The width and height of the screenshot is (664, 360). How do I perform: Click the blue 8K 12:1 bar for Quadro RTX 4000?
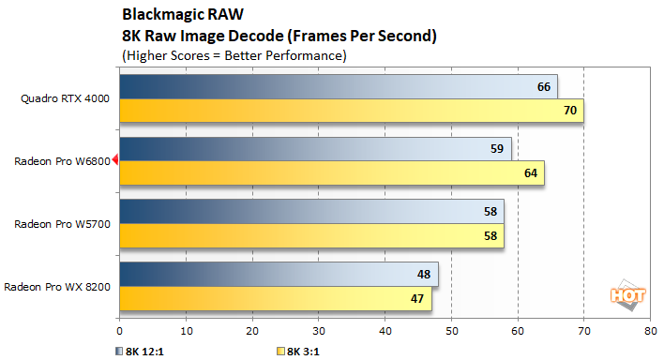[x=338, y=86]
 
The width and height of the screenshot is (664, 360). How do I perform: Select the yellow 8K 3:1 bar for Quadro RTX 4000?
[x=352, y=111]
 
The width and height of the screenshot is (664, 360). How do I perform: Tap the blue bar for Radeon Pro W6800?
[x=315, y=148]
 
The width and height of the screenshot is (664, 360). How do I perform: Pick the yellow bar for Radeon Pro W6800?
[x=331, y=172]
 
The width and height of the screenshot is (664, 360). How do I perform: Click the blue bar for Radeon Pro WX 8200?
[x=279, y=273]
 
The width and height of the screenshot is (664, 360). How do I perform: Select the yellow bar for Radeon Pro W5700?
[x=311, y=235]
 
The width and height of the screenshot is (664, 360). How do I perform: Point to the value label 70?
[x=568, y=111]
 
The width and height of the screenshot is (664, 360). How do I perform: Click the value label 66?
[x=542, y=86]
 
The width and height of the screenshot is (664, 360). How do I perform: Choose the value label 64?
[x=529, y=172]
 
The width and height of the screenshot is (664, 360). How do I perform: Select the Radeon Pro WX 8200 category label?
[x=58, y=285]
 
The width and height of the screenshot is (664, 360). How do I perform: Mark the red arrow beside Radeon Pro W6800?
[x=115, y=160]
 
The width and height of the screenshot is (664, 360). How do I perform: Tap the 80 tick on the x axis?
[x=650, y=331]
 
